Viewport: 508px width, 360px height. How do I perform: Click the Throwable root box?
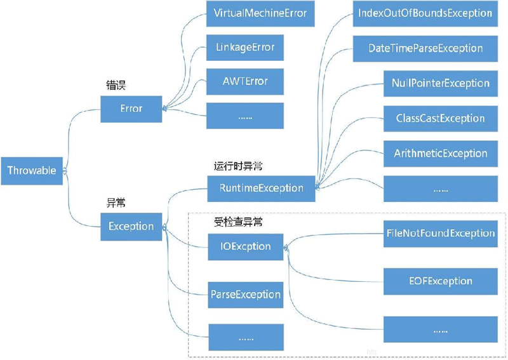click(32, 171)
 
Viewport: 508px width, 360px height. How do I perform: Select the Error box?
click(131, 109)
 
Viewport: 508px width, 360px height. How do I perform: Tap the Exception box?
click(131, 226)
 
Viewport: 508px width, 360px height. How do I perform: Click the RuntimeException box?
click(261, 188)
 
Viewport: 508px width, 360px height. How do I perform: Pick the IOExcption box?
click(245, 246)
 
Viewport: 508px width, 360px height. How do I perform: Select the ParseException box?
click(245, 295)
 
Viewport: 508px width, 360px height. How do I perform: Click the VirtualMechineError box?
click(260, 13)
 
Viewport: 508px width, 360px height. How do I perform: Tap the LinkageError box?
click(245, 48)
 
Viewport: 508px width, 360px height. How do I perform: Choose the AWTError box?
click(245, 81)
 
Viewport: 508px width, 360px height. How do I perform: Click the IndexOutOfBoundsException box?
click(425, 13)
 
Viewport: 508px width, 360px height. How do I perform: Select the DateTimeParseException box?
click(425, 48)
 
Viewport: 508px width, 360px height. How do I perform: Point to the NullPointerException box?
click(441, 83)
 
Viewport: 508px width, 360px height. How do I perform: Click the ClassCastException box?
click(441, 118)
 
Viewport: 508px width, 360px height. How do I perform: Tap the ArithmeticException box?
click(441, 154)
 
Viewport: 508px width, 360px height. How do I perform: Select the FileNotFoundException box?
click(441, 234)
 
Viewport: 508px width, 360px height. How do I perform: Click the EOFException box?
click(441, 281)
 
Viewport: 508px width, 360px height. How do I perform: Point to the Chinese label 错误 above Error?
click(116, 84)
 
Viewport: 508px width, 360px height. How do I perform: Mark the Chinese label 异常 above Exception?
click(116, 203)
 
